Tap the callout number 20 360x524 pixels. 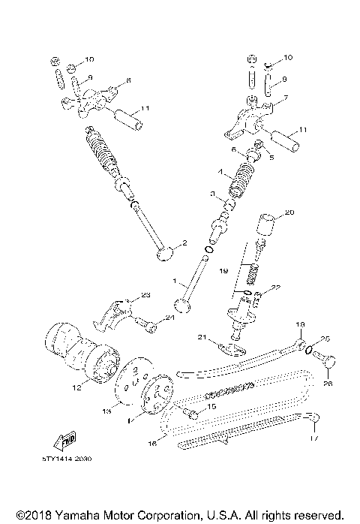point(289,212)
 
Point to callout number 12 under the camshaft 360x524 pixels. point(76,388)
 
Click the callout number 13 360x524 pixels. point(106,411)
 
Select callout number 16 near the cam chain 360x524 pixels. point(152,444)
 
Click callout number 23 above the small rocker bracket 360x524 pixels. point(145,294)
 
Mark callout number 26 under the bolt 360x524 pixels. point(325,384)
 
